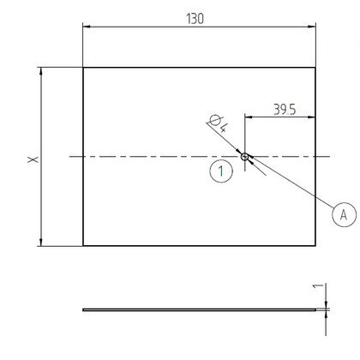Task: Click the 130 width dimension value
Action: click(195, 19)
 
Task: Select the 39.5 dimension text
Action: click(285, 110)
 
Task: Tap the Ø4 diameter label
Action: click(219, 123)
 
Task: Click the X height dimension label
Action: click(33, 159)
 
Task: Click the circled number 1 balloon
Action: click(221, 171)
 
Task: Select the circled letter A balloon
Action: click(344, 214)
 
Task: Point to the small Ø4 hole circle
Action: click(244, 157)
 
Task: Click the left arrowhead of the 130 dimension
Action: click(87, 27)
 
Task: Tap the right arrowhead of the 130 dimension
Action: click(311, 27)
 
